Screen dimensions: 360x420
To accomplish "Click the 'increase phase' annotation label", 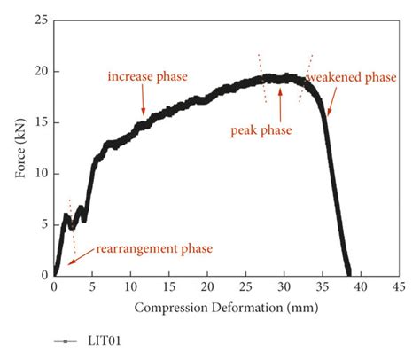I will click(x=148, y=77).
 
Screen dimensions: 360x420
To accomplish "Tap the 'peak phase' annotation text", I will click(x=261, y=129).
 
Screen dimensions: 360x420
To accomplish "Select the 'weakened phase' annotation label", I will click(x=351, y=78).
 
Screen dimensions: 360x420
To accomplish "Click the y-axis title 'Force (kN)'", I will click(x=19, y=147).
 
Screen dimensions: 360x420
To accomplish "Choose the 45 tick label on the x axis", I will click(x=398, y=287).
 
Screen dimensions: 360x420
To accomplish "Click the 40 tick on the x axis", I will click(x=360, y=287).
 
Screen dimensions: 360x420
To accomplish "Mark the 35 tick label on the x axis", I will click(x=322, y=287).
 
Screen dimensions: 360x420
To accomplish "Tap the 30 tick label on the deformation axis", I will click(x=284, y=287).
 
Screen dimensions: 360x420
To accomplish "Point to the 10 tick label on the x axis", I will click(x=130, y=287).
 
